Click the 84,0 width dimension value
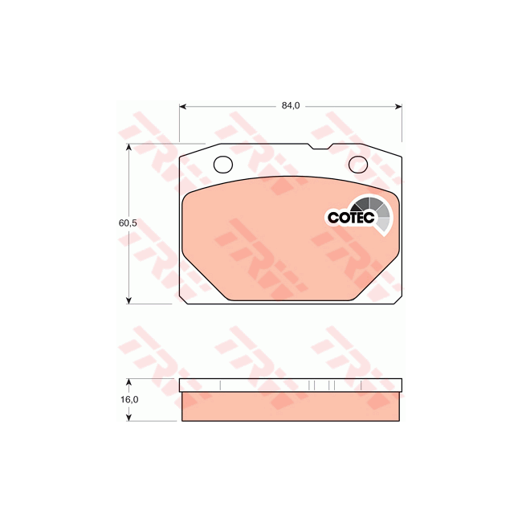(x=291, y=105)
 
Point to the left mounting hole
(x=223, y=165)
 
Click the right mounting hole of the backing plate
(x=358, y=165)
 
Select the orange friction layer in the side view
(x=291, y=406)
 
